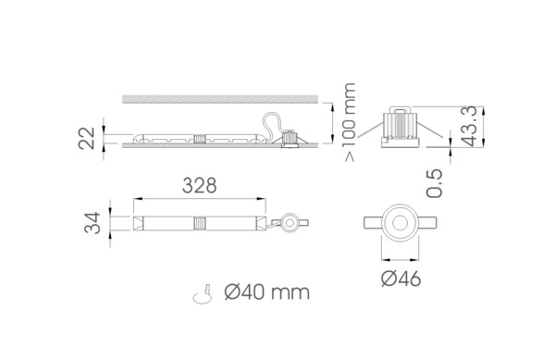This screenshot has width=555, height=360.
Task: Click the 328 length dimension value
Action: (x=199, y=185)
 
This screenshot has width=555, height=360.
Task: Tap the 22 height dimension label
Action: (x=87, y=138)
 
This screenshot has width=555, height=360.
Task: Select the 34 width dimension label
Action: (x=92, y=223)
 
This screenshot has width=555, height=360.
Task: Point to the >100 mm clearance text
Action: (x=350, y=122)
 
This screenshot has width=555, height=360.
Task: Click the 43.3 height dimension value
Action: (x=470, y=127)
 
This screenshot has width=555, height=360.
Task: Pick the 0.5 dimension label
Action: (x=435, y=183)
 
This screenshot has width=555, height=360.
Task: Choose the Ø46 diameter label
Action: (x=401, y=279)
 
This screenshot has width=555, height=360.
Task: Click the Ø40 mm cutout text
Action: (x=267, y=292)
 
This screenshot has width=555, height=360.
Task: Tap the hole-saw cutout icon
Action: (x=203, y=294)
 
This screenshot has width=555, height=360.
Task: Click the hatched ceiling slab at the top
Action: (x=220, y=99)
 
